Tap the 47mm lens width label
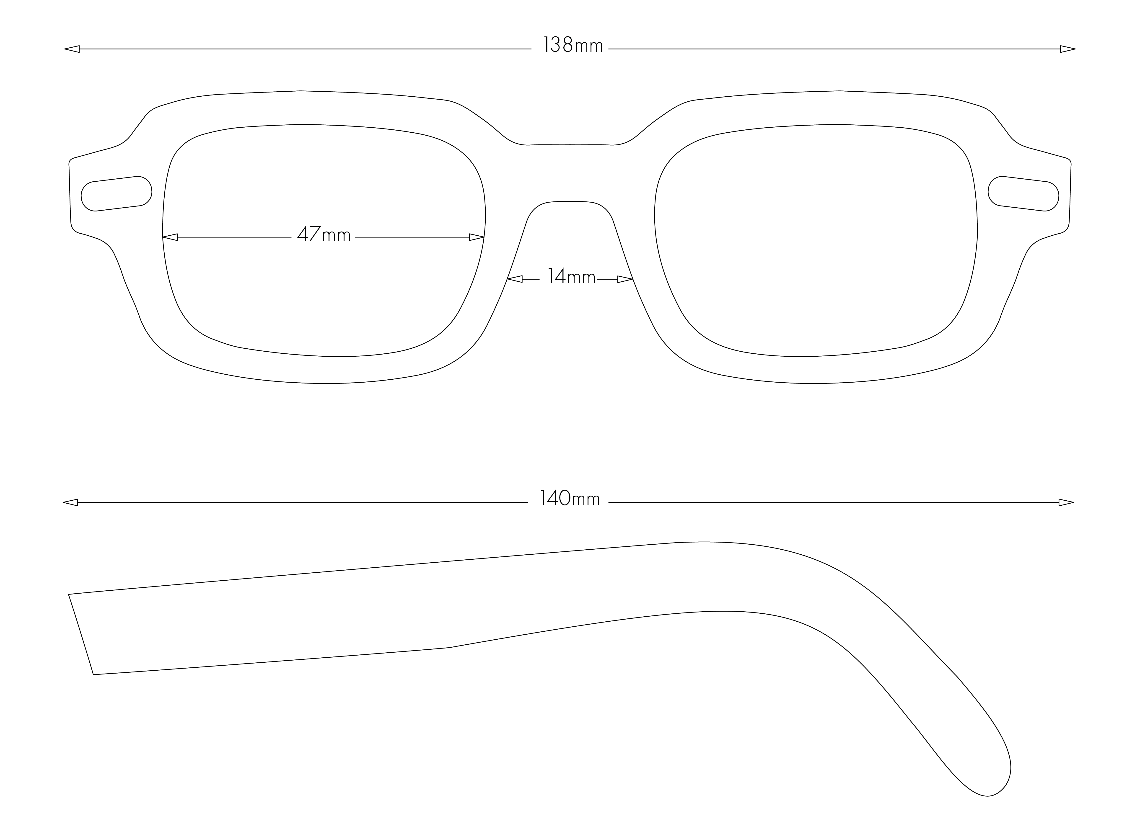click(x=324, y=235)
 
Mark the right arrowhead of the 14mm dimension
click(x=625, y=279)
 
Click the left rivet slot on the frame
click(x=116, y=193)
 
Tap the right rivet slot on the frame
click(x=1023, y=193)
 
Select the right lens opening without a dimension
click(x=815, y=239)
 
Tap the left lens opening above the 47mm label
click(x=324, y=178)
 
